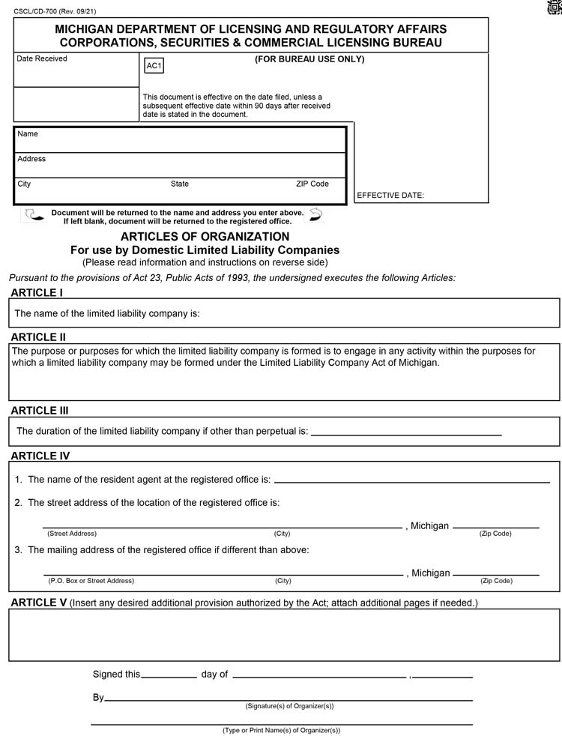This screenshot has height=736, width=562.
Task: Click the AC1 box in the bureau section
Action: (x=154, y=66)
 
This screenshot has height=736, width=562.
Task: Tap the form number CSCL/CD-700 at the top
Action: (x=55, y=11)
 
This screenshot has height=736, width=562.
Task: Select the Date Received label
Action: (x=42, y=58)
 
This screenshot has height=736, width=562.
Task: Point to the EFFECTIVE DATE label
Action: (x=390, y=196)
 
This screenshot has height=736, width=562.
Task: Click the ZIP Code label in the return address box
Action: (x=312, y=184)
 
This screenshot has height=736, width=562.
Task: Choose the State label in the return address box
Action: (x=180, y=184)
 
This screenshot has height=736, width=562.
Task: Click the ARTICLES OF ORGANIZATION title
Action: (x=205, y=237)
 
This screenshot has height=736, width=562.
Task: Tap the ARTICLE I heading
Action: (x=37, y=292)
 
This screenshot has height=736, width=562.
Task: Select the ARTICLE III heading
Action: (x=44, y=411)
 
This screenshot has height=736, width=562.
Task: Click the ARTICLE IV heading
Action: (x=45, y=456)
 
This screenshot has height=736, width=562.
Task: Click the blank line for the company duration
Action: (x=405, y=433)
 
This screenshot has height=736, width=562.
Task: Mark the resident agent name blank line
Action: (x=411, y=480)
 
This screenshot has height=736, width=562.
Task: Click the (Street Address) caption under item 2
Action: (x=72, y=534)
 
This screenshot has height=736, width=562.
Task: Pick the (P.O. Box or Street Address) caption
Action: (x=91, y=581)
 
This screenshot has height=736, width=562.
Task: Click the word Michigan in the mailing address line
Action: (x=431, y=573)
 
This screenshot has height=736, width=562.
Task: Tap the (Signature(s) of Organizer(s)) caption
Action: (x=289, y=706)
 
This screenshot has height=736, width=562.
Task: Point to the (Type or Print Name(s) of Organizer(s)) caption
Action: (x=281, y=730)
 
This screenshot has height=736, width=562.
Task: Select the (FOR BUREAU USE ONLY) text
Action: (x=309, y=59)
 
